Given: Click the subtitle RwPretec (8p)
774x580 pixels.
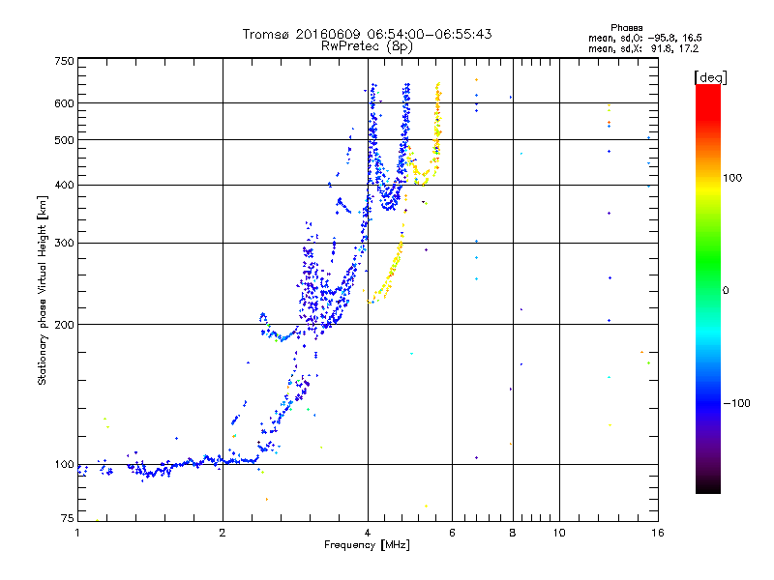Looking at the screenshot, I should pyautogui.click(x=368, y=45).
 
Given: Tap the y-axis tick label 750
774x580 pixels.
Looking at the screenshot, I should pyautogui.click(x=64, y=61).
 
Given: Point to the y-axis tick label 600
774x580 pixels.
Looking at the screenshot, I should pyautogui.click(x=64, y=103).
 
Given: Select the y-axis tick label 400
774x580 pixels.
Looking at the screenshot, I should pyautogui.click(x=64, y=185).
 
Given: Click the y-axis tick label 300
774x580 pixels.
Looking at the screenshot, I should pyautogui.click(x=64, y=243).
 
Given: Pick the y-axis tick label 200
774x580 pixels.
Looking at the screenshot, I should pyautogui.click(x=64, y=325).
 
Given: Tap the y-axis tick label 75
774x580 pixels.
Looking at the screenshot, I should pyautogui.click(x=67, y=519).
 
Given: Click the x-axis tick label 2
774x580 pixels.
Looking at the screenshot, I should pyautogui.click(x=223, y=533).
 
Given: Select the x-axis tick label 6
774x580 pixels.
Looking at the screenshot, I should pyautogui.click(x=452, y=533).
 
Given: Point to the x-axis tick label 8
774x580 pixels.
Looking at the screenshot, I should pyautogui.click(x=513, y=533).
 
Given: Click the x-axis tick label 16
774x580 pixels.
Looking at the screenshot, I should pyautogui.click(x=657, y=533).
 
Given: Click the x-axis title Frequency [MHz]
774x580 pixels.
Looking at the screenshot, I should pyautogui.click(x=367, y=546).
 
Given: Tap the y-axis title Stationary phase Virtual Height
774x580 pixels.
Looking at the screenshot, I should pyautogui.click(x=43, y=290).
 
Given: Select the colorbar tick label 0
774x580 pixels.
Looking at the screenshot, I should pyautogui.click(x=725, y=290).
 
